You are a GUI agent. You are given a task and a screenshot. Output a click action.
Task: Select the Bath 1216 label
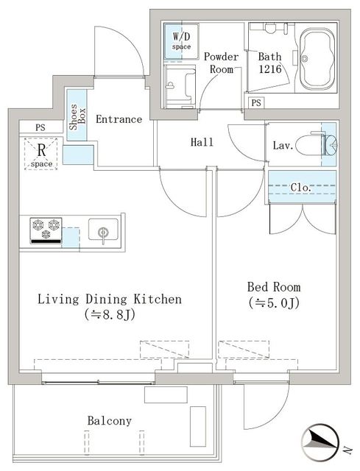coord(270,63)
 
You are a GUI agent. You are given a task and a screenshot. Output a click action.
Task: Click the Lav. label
coord(283,146)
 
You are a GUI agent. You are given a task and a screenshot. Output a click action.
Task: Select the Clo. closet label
coord(300,188)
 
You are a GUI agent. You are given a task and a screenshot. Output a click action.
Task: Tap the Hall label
coord(202,142)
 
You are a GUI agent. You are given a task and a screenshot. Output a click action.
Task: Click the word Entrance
coord(119,119)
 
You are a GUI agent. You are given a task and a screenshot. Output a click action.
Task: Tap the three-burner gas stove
coord(45,229)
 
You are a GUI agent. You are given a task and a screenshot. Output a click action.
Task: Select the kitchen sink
coord(103,230)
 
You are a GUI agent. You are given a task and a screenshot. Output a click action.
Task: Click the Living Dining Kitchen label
coord(109,300)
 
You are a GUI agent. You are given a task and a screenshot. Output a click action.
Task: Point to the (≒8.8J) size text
coord(109,315)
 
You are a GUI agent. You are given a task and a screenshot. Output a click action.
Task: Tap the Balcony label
coord(109,421)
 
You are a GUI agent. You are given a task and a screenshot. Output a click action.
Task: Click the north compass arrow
coord(322,440)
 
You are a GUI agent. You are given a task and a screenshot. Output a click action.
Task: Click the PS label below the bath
coord(256,102)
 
